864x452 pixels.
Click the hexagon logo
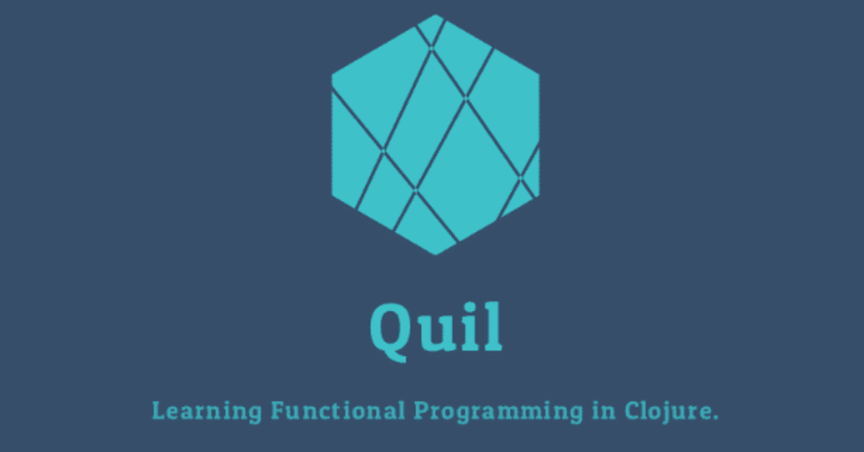tap(435, 135)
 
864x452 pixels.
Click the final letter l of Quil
tap(493, 327)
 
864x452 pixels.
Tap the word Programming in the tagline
tap(498, 411)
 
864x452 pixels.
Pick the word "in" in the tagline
tap(603, 410)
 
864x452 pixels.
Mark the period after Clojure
tap(715, 417)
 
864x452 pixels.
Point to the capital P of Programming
tap(421, 410)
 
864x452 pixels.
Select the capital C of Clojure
tap(632, 410)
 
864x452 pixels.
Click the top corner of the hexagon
tap(435, 15)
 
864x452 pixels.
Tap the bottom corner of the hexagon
tap(435, 254)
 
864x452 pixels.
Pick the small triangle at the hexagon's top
tap(431, 28)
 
